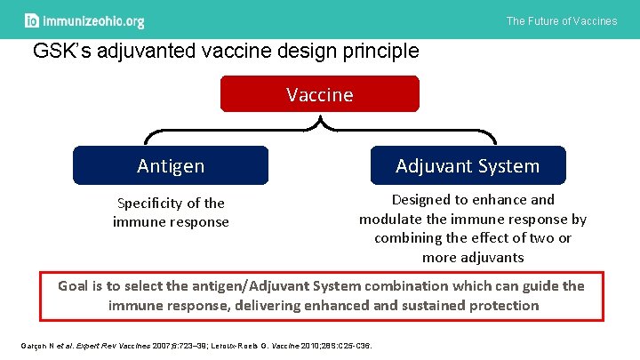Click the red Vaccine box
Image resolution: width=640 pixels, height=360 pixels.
[319, 94]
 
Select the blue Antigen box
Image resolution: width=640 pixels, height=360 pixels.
[170, 165]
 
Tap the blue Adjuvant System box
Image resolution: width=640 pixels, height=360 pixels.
[468, 165]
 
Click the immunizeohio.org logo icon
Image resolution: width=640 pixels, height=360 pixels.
[33, 20]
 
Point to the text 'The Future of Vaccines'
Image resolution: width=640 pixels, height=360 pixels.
[561, 20]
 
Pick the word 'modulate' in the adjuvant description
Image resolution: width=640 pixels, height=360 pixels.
[394, 219]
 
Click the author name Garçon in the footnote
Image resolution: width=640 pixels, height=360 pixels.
[32, 345]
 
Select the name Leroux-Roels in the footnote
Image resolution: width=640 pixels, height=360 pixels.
[241, 345]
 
